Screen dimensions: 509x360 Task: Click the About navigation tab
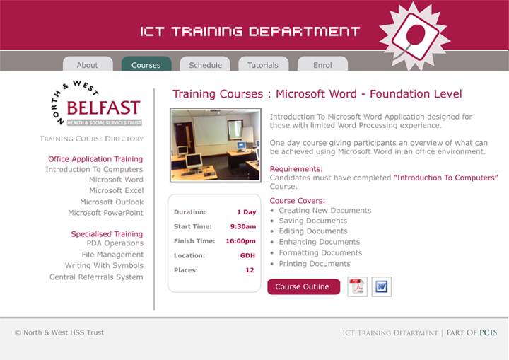coord(88,64)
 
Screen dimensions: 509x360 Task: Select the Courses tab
coord(146,64)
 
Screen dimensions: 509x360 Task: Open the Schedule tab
coord(205,64)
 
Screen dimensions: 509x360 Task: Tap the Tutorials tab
coord(263,64)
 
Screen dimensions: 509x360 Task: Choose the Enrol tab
coord(322,64)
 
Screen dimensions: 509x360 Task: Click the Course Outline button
coord(303,286)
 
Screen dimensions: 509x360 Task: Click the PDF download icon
coord(357,286)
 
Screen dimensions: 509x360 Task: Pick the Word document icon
coord(382,286)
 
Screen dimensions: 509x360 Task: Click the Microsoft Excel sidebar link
coord(116,190)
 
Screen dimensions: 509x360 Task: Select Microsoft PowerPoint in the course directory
coord(105,213)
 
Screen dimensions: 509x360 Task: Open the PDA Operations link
coord(115,243)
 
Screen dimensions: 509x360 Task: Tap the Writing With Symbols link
coord(104,265)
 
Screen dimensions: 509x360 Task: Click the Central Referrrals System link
coord(96,277)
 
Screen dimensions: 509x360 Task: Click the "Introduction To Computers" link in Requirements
coord(445,178)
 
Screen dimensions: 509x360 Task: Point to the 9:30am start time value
coord(243,226)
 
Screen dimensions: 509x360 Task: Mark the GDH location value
coord(247,255)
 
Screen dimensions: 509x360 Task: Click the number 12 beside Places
coord(250,270)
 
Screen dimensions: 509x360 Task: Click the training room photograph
coord(216,145)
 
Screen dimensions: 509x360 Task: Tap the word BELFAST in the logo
coord(103,108)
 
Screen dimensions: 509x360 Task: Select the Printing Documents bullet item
coord(315,264)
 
